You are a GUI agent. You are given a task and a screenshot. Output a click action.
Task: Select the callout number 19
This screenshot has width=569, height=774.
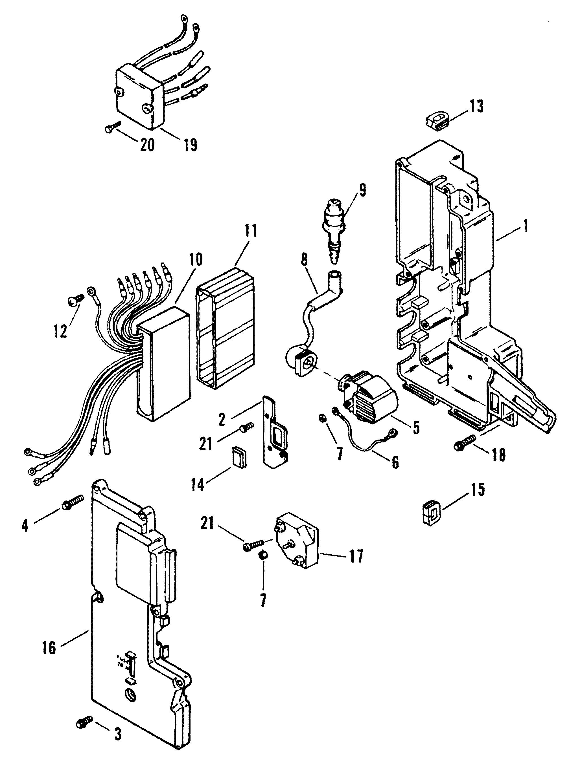(x=189, y=145)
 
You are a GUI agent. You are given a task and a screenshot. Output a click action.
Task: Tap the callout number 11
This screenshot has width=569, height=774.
(x=250, y=231)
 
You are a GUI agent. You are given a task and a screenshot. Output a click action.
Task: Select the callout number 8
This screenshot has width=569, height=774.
(x=304, y=261)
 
